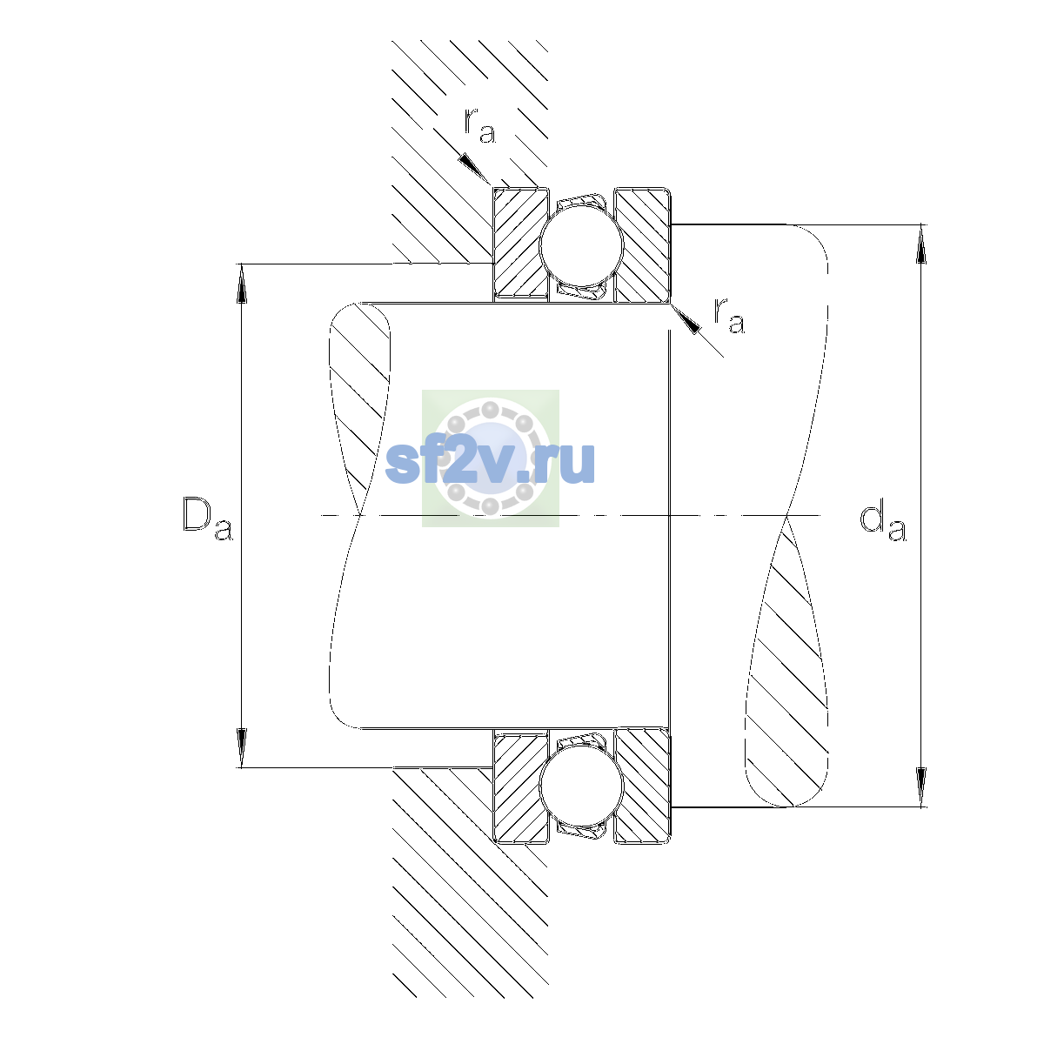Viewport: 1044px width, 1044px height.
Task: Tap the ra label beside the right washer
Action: coord(729,315)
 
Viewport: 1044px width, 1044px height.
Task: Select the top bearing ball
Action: coord(581,244)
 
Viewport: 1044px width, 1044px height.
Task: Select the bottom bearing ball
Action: coord(581,786)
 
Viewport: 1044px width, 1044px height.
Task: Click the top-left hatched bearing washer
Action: coord(520,244)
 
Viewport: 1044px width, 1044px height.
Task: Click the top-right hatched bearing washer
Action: coord(643,244)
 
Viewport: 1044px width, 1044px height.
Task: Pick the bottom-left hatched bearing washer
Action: coord(520,786)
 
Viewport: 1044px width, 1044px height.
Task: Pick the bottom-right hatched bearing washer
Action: coord(643,786)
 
